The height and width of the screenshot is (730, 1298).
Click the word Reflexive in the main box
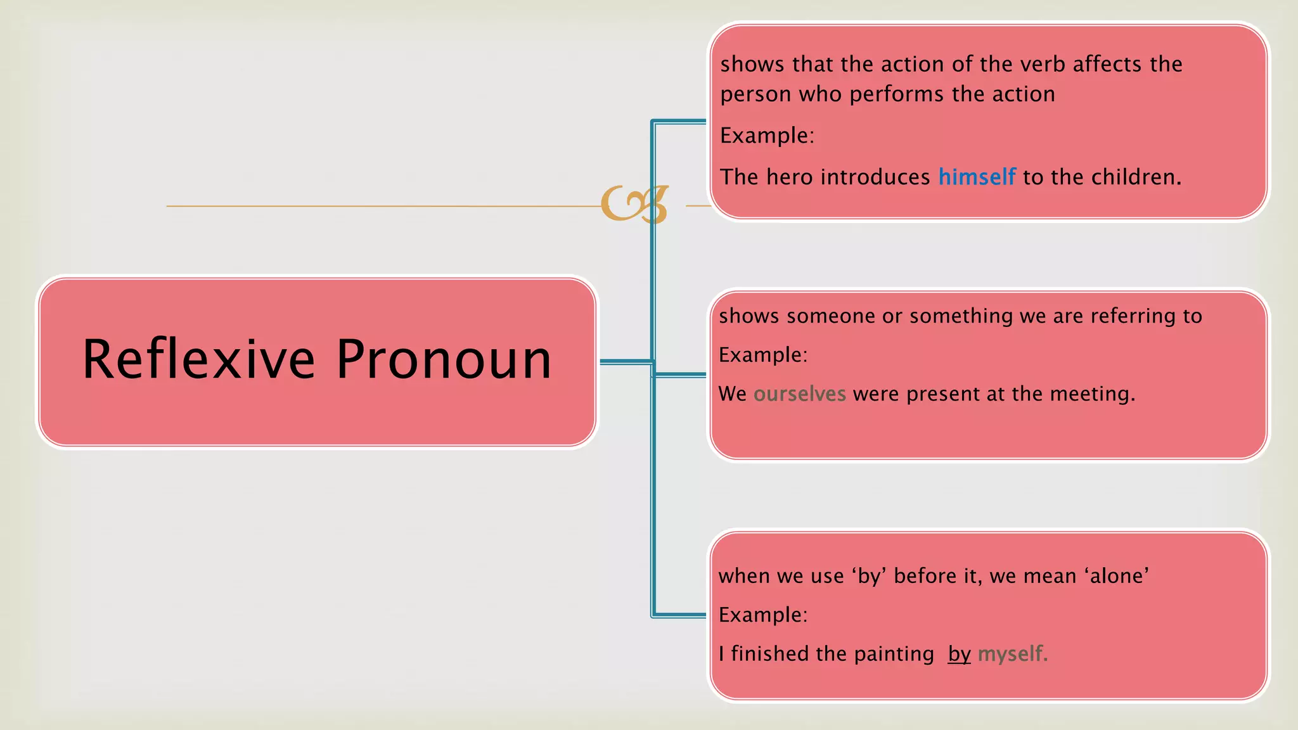click(x=198, y=359)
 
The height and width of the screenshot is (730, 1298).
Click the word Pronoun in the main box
click(x=444, y=359)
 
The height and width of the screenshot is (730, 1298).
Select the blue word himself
click(x=977, y=177)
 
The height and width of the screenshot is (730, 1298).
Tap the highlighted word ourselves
click(x=799, y=394)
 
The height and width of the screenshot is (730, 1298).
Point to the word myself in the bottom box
click(x=1012, y=654)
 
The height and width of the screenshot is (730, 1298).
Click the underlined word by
click(x=959, y=654)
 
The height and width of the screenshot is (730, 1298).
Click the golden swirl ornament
click(x=634, y=204)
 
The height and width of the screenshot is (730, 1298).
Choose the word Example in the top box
click(x=766, y=136)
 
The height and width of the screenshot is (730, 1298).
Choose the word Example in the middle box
click(x=762, y=355)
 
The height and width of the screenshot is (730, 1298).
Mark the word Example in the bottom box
click(x=762, y=615)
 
